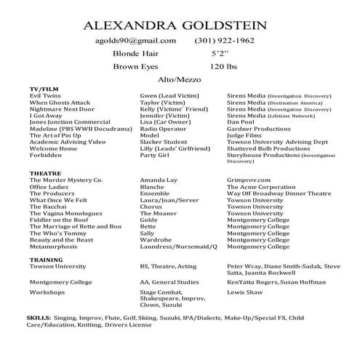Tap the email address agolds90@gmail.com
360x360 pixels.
click(x=136, y=41)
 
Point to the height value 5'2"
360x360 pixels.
click(x=220, y=54)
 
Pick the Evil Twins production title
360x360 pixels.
click(x=44, y=95)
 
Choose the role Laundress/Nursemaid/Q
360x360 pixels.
click(x=178, y=246)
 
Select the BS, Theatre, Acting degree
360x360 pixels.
click(x=168, y=266)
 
